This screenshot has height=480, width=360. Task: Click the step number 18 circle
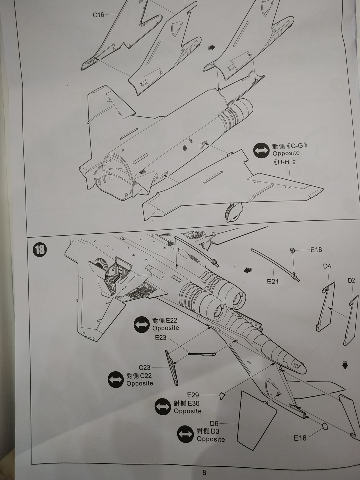pyautogui.click(x=40, y=250)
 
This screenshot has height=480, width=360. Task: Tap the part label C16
pyautogui.click(x=98, y=15)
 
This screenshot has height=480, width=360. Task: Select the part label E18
pyautogui.click(x=316, y=250)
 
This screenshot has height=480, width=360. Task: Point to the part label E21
pyautogui.click(x=273, y=282)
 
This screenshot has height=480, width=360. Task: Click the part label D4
pyautogui.click(x=327, y=266)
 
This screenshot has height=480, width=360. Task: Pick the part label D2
pyautogui.click(x=351, y=281)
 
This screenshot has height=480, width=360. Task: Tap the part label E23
pyautogui.click(x=160, y=338)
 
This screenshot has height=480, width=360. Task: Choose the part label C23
pyautogui.click(x=144, y=367)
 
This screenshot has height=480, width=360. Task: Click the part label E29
pyautogui.click(x=193, y=395)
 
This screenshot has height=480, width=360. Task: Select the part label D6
pyautogui.click(x=214, y=423)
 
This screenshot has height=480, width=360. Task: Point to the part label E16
pyautogui.click(x=300, y=438)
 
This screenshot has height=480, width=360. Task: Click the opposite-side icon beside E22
pyautogui.click(x=142, y=324)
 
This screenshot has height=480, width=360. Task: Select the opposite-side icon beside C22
pyautogui.click(x=116, y=380)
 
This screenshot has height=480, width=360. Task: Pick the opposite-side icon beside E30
pyautogui.click(x=163, y=407)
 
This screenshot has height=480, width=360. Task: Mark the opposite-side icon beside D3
pyautogui.click(x=186, y=434)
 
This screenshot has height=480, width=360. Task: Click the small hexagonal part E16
pyautogui.click(x=325, y=426)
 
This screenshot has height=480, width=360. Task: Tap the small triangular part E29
pyautogui.click(x=222, y=396)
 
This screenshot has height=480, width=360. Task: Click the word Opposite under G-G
pyautogui.click(x=286, y=153)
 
